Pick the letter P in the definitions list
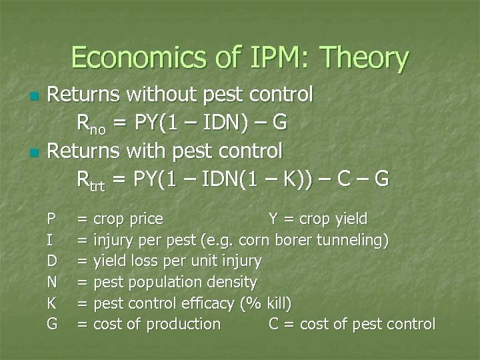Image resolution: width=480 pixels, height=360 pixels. [x=51, y=219]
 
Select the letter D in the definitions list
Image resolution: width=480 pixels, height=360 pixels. [x=51, y=261]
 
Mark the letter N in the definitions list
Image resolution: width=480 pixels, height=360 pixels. [x=51, y=282]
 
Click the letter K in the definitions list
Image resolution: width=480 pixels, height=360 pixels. [x=51, y=303]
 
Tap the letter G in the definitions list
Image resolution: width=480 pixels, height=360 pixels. [x=51, y=325]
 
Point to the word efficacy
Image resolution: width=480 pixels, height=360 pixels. [x=207, y=303]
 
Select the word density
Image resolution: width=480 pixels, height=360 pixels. [x=231, y=282]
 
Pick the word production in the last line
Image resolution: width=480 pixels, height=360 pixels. [x=183, y=325]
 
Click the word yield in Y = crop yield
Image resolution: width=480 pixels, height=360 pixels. [x=351, y=219]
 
